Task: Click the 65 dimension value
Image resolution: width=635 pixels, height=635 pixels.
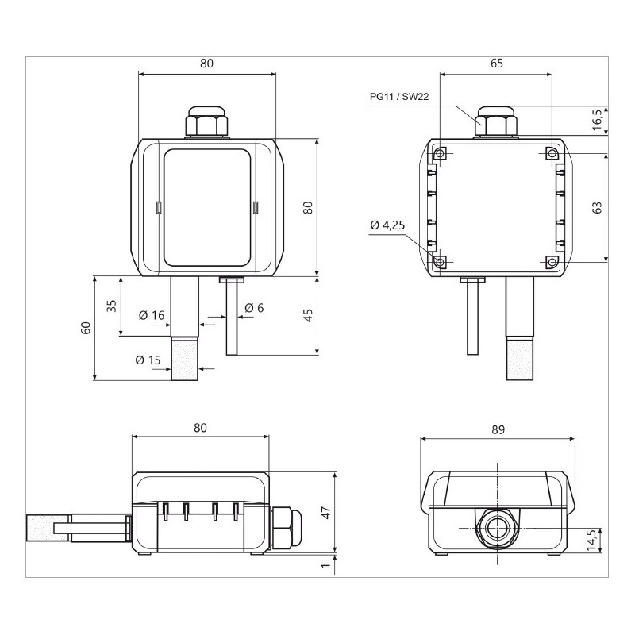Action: point(496,63)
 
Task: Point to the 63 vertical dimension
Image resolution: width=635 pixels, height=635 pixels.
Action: point(598,207)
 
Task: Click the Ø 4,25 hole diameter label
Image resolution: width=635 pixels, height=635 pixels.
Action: point(387,225)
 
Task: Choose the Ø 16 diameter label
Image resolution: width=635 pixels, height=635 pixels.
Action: point(151,315)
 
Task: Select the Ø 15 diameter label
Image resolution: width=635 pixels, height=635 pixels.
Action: point(148,360)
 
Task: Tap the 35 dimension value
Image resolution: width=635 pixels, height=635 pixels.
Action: point(112,306)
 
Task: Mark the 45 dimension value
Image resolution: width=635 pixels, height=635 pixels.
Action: point(308,315)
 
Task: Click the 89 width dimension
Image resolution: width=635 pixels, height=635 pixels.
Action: point(498,429)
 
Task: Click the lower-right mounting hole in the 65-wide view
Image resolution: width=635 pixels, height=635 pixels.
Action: point(552,260)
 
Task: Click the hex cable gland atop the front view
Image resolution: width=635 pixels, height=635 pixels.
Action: point(206,124)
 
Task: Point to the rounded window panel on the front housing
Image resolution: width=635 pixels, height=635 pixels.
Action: point(207,207)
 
